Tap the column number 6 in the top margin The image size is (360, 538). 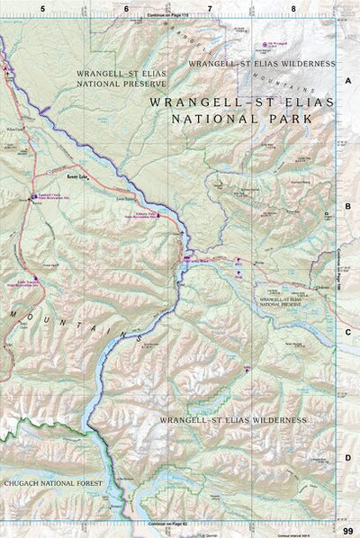click(x=126, y=8)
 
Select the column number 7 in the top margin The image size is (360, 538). click(x=210, y=8)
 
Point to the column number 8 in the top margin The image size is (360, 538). click(x=293, y=8)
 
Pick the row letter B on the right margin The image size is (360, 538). click(x=346, y=205)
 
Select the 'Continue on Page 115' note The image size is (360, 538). click(x=169, y=15)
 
